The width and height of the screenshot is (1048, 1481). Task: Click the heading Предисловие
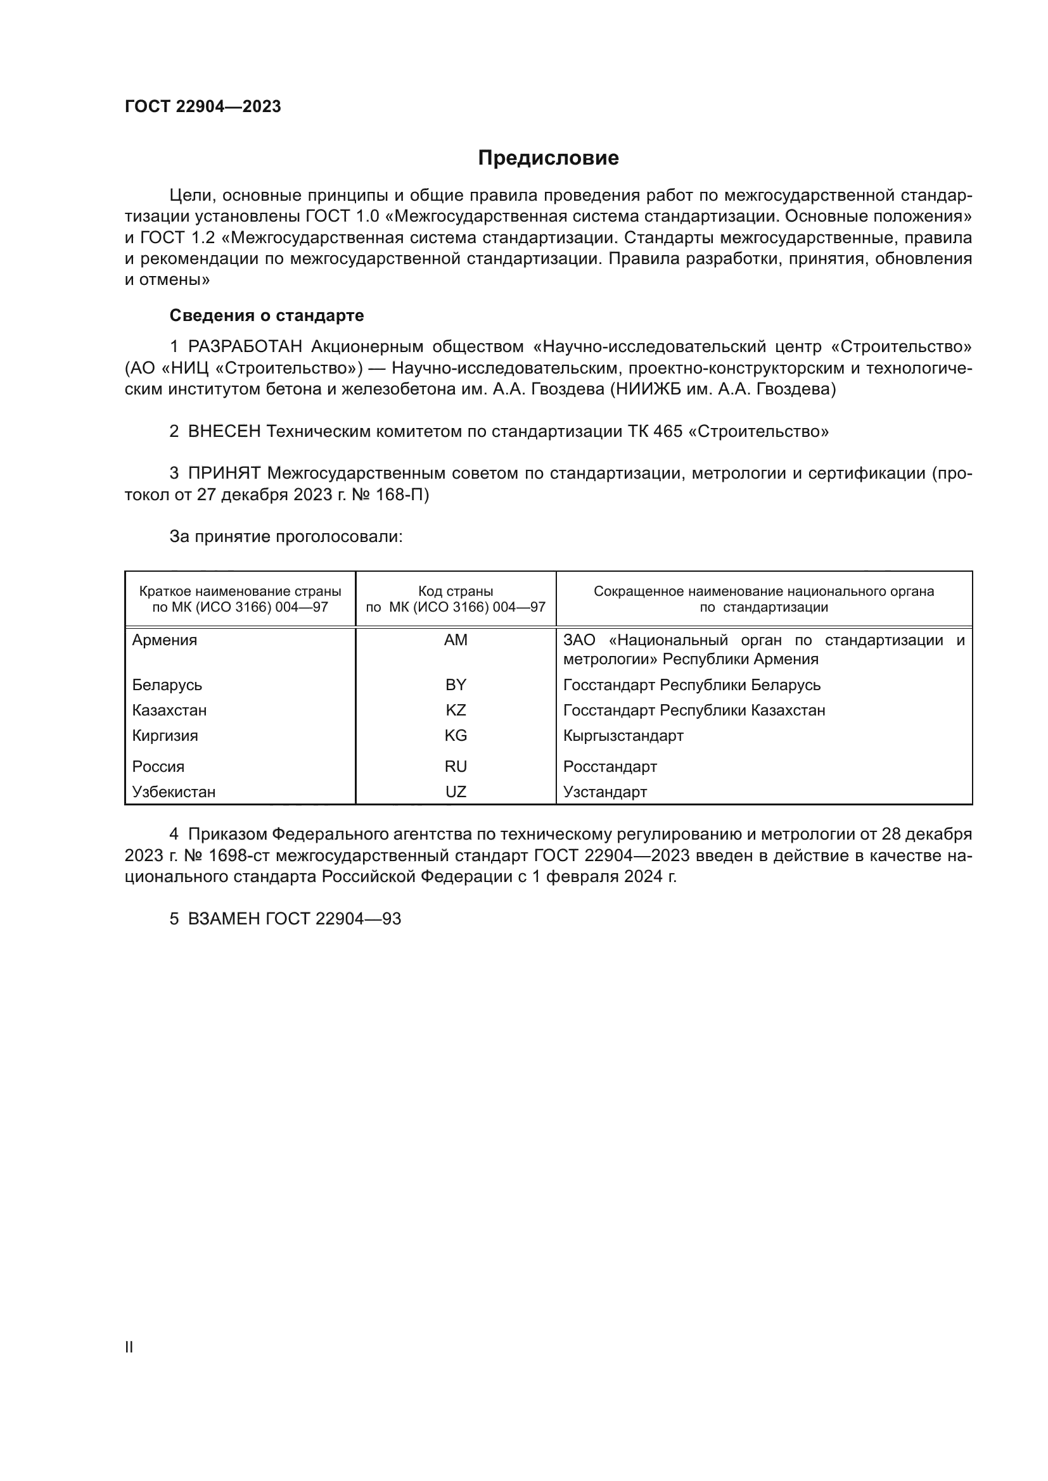pyautogui.click(x=548, y=158)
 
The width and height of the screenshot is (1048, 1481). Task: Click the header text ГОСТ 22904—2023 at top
pyautogui.click(x=203, y=107)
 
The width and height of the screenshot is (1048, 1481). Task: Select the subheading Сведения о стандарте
pyautogui.click(x=267, y=315)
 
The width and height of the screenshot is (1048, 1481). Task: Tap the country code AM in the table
pyautogui.click(x=456, y=640)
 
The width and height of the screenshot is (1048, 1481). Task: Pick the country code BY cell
pyautogui.click(x=456, y=684)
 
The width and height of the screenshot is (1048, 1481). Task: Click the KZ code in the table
pyautogui.click(x=456, y=710)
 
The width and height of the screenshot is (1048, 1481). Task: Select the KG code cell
pyautogui.click(x=456, y=735)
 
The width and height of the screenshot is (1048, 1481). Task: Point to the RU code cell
pyautogui.click(x=456, y=766)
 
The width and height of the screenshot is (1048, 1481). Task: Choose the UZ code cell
pyautogui.click(x=456, y=791)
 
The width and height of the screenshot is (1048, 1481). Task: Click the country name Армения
pyautogui.click(x=165, y=640)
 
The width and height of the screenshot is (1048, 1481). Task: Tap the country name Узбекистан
pyautogui.click(x=174, y=791)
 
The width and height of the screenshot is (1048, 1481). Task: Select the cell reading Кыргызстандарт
pyautogui.click(x=623, y=735)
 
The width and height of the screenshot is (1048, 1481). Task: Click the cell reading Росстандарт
pyautogui.click(x=610, y=766)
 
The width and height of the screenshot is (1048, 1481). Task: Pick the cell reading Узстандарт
pyautogui.click(x=604, y=791)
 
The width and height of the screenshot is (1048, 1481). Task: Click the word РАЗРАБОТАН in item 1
pyautogui.click(x=245, y=347)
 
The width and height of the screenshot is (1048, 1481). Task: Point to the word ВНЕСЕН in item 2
pyautogui.click(x=224, y=432)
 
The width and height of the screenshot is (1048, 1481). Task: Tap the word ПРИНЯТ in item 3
pyautogui.click(x=224, y=474)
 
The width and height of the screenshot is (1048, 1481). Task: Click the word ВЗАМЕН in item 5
pyautogui.click(x=224, y=919)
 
